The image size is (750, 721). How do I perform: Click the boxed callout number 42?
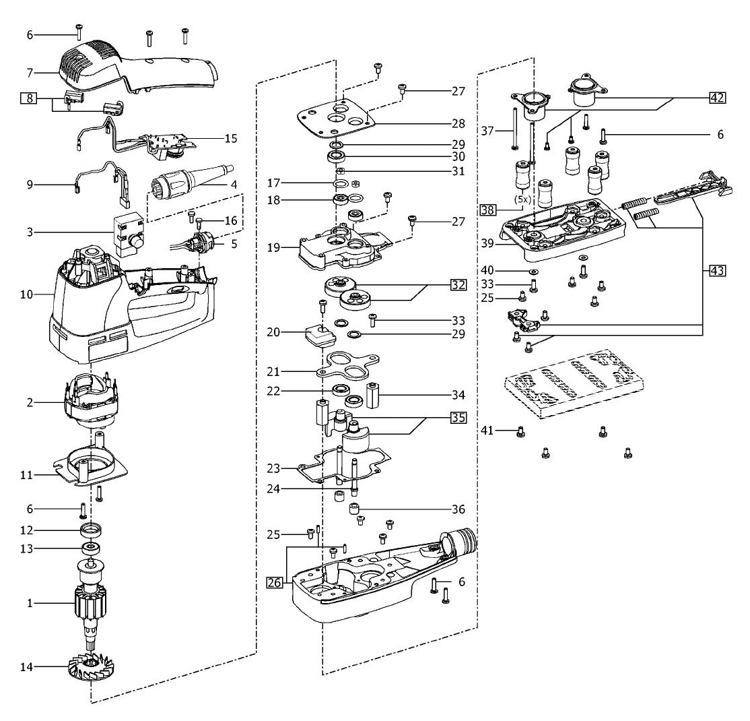pos(717,98)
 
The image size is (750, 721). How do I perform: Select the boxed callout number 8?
pos(30,98)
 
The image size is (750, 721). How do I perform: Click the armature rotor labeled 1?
pos(91,601)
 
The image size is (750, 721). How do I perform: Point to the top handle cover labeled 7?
pos(139,67)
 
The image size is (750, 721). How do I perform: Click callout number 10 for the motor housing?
pos(26,294)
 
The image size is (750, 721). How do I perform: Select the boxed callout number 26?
pos(275,583)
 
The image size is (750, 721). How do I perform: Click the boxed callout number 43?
pos(717,270)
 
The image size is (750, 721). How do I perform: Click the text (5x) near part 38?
pos(522,199)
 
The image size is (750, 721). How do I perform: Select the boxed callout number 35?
pos(458,417)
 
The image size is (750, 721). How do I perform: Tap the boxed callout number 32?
pos(458,284)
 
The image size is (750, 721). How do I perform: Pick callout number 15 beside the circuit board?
pos(231,138)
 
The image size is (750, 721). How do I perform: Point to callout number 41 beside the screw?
pos(487,431)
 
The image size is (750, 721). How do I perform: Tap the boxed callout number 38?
pos(488,210)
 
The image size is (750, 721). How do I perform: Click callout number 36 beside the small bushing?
pos(458,509)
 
